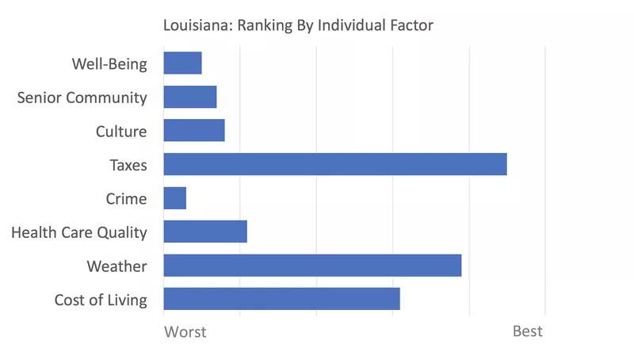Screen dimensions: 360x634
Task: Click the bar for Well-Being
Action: coord(182,63)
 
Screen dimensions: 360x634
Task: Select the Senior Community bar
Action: coord(190,97)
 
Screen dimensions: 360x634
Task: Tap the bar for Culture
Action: coord(194,131)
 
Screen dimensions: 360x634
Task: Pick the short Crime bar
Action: coord(174,198)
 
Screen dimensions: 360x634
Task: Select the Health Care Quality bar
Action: coord(205,232)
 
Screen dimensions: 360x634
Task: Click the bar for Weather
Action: coord(312,266)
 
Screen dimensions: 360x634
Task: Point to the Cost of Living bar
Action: coord(281,299)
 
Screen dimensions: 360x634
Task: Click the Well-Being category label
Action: coord(109,64)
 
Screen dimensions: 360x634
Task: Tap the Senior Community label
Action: coord(82,98)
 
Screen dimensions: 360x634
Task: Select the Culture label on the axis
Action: coord(121,132)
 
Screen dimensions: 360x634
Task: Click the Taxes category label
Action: coord(128,165)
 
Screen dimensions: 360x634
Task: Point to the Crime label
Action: coord(126,198)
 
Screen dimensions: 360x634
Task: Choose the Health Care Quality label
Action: coord(79,232)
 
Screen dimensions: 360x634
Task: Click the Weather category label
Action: coord(116,266)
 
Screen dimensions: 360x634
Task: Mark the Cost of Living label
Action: coord(101,300)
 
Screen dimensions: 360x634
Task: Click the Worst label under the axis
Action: coord(185,331)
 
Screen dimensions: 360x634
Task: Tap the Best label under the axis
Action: coord(528,331)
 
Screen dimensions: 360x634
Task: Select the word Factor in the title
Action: coord(411,26)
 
